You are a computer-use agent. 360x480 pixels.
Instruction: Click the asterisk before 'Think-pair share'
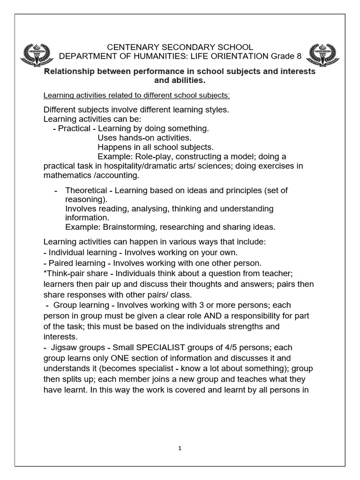point(45,273)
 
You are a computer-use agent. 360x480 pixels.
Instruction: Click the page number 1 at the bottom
point(180,448)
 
